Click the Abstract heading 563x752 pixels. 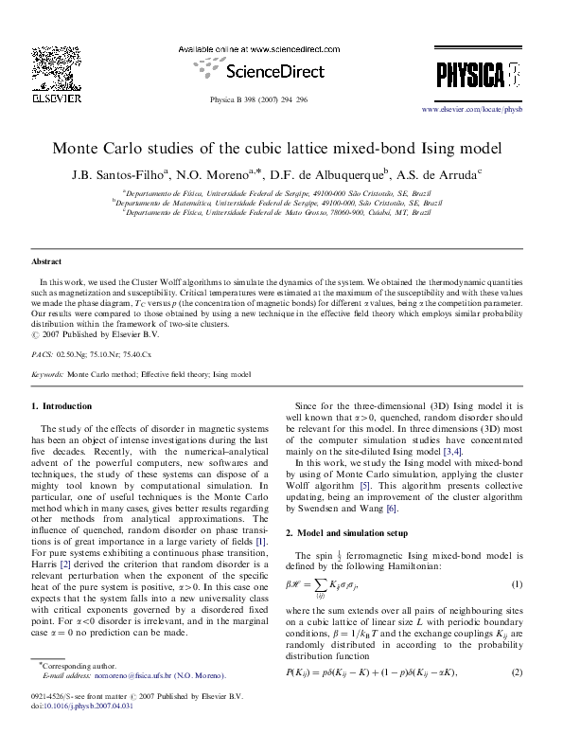[x=46, y=260]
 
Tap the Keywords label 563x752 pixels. [x=47, y=375]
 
